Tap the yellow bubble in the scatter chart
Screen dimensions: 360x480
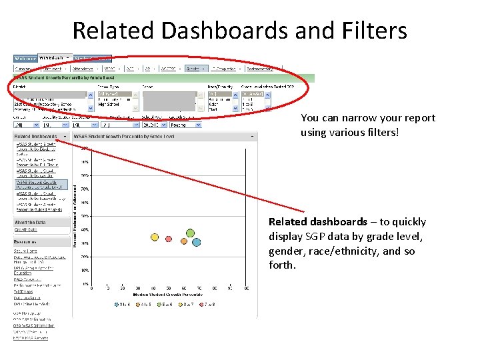[155, 237]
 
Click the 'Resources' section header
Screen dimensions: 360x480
[26, 243]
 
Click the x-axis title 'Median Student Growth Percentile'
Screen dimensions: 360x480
[168, 294]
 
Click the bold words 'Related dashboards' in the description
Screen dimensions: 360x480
[317, 222]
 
